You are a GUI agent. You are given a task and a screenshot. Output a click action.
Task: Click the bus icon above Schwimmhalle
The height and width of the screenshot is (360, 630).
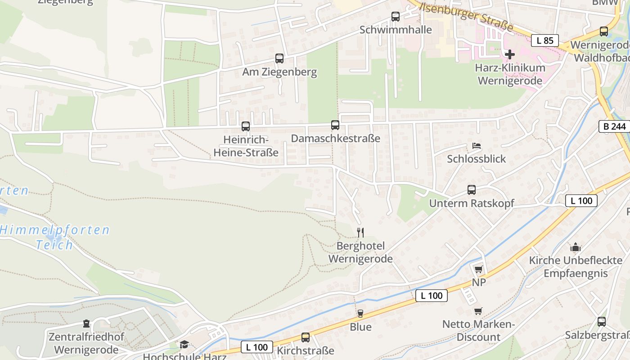coord(396,17)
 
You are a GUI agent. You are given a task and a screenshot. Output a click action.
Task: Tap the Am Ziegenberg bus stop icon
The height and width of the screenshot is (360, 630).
coord(279,58)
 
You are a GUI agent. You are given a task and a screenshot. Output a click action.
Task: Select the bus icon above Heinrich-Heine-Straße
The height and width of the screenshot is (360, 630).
coord(246,126)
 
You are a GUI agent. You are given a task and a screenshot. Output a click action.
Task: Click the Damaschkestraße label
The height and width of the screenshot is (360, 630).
coord(335,139)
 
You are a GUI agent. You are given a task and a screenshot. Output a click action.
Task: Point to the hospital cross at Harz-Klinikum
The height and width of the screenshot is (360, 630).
coord(510,54)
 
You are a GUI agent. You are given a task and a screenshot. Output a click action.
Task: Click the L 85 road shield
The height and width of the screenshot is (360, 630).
coord(545,40)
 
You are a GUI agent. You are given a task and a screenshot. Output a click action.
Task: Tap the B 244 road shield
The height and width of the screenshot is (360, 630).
coord(615,126)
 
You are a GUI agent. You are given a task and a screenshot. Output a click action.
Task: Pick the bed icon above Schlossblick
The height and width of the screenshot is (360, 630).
coord(477,146)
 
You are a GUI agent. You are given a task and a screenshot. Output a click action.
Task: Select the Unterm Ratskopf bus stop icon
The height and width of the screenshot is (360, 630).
coord(472,190)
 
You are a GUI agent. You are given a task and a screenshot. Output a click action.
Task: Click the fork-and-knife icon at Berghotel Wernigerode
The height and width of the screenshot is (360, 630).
coord(360,232)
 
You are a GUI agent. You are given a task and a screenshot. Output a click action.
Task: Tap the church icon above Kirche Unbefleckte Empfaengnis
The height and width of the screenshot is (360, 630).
coord(576,247)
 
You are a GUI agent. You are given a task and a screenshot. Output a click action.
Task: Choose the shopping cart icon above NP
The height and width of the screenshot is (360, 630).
coord(479,269)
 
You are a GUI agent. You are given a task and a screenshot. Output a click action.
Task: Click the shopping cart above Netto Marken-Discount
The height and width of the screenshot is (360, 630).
coord(478,311)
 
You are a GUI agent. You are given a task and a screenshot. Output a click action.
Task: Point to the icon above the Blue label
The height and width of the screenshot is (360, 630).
coord(360,314)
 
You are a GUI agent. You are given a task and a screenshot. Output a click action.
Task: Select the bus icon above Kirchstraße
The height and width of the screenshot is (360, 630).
coord(306,337)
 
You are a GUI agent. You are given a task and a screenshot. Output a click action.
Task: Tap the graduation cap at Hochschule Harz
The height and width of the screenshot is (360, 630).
coord(184,345)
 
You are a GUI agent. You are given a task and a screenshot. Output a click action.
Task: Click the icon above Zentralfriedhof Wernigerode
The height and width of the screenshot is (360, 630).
coord(86,324)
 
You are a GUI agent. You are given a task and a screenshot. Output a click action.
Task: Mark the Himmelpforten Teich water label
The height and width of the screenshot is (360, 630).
coord(54,238)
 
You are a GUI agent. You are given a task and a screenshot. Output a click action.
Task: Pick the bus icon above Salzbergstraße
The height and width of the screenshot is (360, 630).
coord(602,322)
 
